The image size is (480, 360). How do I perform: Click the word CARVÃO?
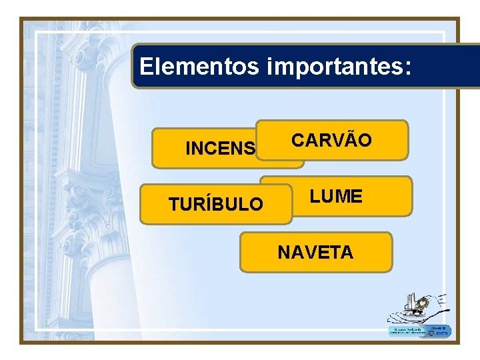pos(332,141)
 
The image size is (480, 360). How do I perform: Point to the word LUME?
pos(336,197)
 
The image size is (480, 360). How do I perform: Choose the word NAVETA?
pos(315,253)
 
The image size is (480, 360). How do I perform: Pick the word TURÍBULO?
pos(215,205)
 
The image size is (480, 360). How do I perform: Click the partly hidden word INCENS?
pos(220,149)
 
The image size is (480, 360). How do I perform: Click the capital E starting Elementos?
pos(147,67)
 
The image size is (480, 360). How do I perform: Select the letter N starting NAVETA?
pos(283,253)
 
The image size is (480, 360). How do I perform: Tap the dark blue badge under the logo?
pos(439,331)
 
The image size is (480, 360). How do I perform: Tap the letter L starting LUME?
pos(314,197)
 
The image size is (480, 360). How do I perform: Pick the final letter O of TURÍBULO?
pos(256,205)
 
